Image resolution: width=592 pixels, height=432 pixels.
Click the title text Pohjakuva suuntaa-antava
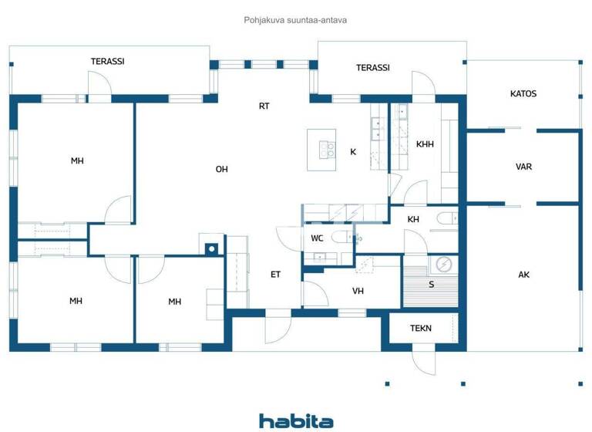pyautogui.click(x=296, y=20)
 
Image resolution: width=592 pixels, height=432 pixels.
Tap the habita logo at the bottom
pyautogui.click(x=296, y=420)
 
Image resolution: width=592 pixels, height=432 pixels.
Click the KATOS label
pyautogui.click(x=523, y=94)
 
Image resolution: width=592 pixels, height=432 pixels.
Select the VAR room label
pyautogui.click(x=523, y=167)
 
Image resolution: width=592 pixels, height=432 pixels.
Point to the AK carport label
pyautogui.click(x=523, y=275)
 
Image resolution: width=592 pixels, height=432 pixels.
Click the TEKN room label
pyautogui.click(x=421, y=328)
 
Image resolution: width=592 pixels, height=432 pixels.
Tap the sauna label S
pyautogui.click(x=431, y=285)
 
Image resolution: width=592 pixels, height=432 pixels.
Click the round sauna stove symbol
pyautogui.click(x=443, y=264)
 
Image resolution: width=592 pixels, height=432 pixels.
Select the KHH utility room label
pyautogui.click(x=425, y=144)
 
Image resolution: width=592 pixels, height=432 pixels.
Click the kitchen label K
pyautogui.click(x=353, y=152)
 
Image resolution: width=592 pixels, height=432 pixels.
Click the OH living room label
pyautogui.click(x=222, y=169)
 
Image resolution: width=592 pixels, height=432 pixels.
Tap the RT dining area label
pyautogui.click(x=264, y=106)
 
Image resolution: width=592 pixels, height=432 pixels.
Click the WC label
pyautogui.click(x=317, y=238)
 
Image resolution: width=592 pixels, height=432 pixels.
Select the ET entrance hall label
pyautogui.click(x=275, y=274)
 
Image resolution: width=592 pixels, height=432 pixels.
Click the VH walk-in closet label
pyautogui.click(x=358, y=291)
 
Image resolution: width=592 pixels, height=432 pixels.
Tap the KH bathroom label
pyautogui.click(x=413, y=219)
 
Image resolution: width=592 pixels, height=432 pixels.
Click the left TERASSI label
pyautogui.click(x=108, y=62)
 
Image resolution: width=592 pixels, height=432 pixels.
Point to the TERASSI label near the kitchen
pyautogui.click(x=372, y=68)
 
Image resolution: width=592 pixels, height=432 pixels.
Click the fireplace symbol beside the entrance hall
pyautogui.click(x=211, y=248)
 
